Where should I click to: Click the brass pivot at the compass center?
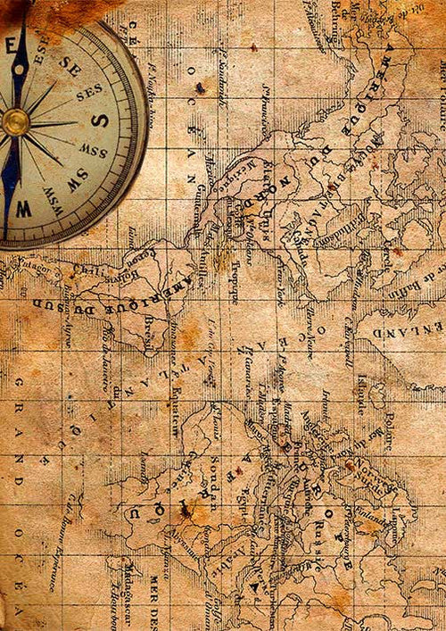pos(15,122)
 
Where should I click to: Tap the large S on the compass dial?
pos(101,120)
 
